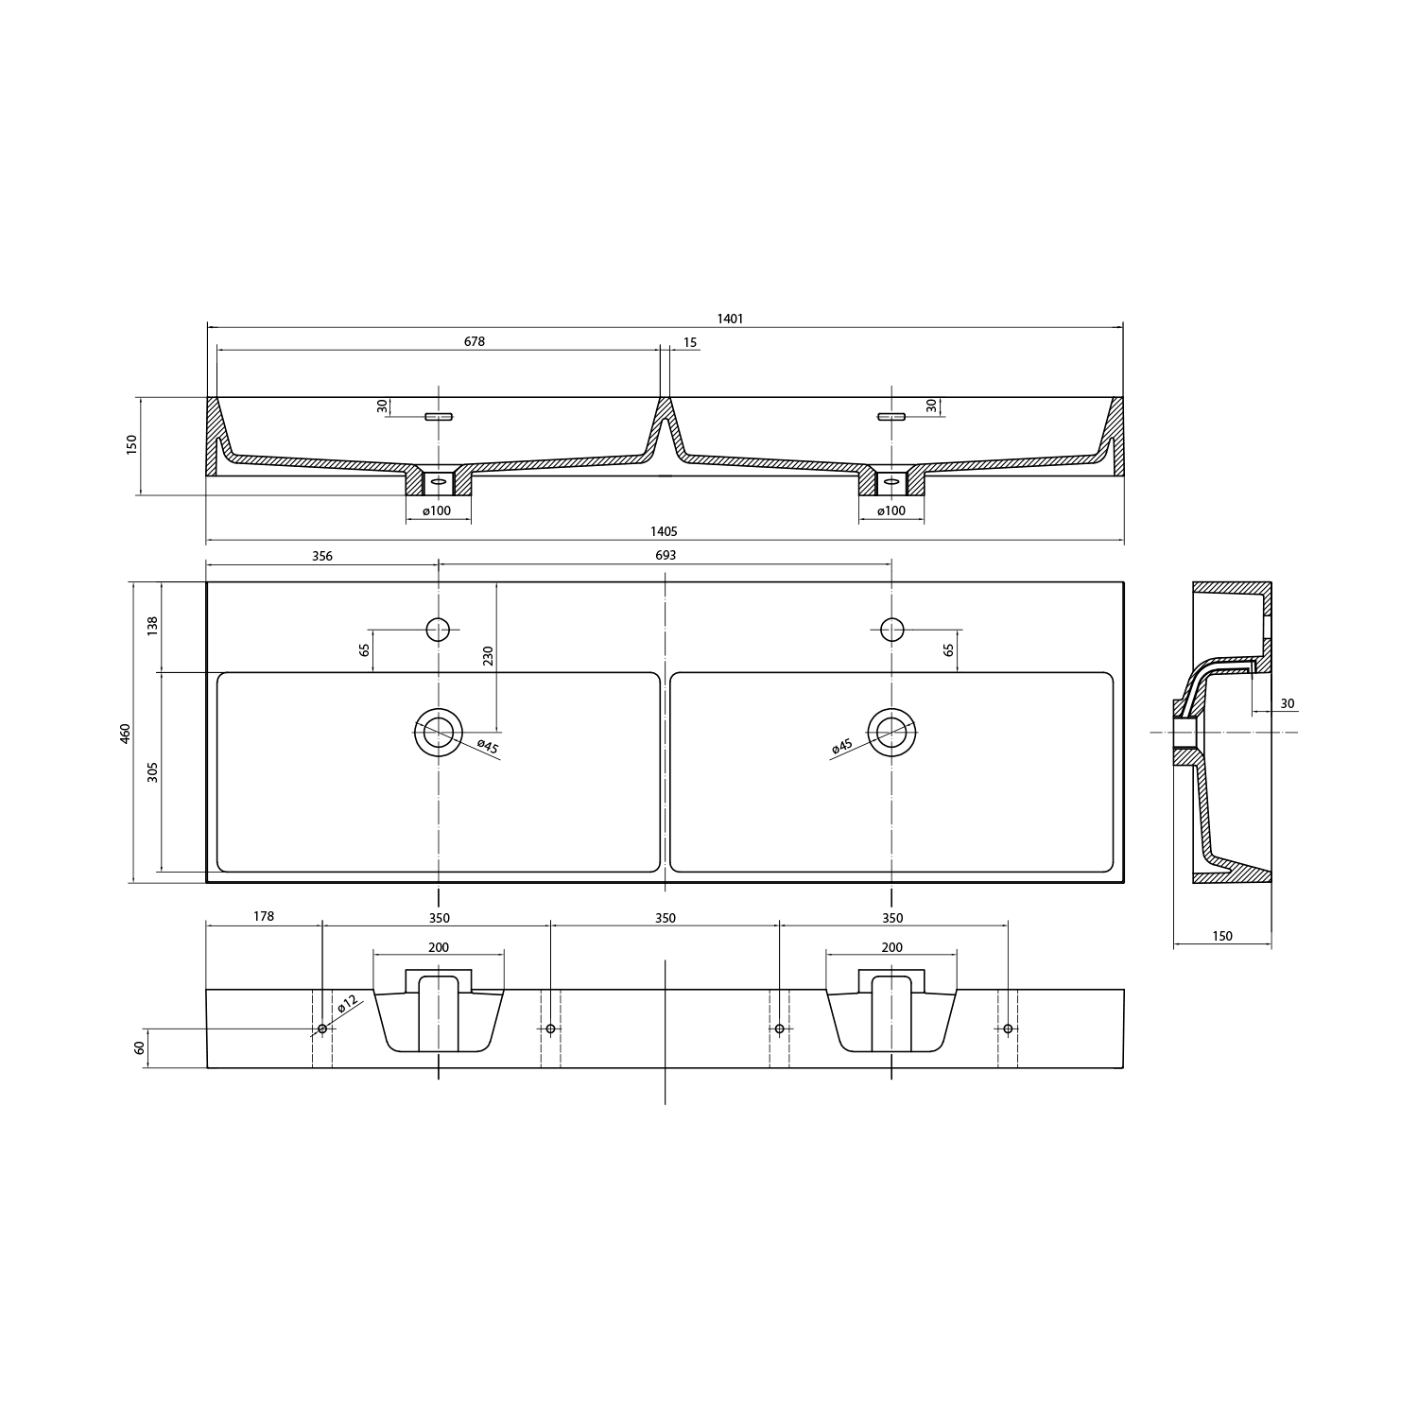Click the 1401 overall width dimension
(730, 319)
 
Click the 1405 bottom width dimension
(665, 532)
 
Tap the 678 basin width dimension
(475, 341)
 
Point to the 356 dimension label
(322, 556)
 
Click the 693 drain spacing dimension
(666, 556)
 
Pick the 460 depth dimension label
(126, 733)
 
